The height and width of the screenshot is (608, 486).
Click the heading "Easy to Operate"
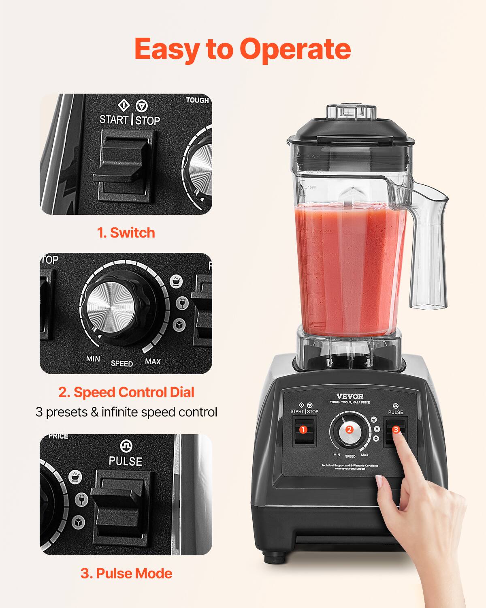point(242,49)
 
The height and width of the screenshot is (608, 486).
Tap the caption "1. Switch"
point(126,233)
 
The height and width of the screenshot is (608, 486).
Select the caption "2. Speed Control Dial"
point(126,392)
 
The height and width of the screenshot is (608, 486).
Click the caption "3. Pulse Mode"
point(126,573)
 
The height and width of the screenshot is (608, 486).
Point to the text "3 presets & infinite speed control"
point(126,412)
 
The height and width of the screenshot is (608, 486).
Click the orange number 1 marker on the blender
point(303,430)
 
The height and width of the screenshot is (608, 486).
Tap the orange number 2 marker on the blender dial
point(349,430)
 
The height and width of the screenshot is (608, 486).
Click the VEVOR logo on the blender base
point(350,396)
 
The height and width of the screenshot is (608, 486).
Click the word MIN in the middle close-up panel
point(93,359)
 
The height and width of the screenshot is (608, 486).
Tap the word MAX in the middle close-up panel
point(153,361)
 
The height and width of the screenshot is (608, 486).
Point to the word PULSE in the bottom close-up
point(126,461)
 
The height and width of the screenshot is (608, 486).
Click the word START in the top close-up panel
point(114,120)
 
